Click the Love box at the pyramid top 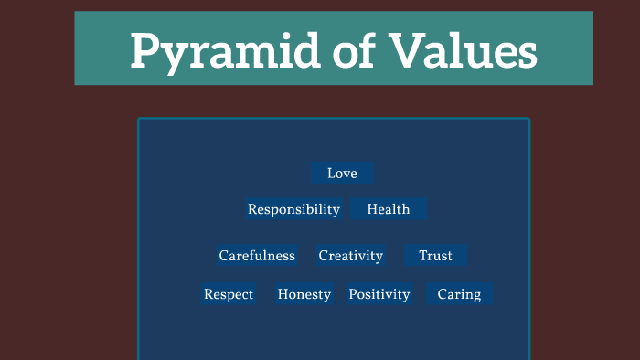pyautogui.click(x=342, y=173)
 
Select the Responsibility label pyautogui.click(x=293, y=209)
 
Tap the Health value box pyautogui.click(x=389, y=209)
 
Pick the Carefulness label pyautogui.click(x=257, y=256)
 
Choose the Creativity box pyautogui.click(x=350, y=256)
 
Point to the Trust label pyautogui.click(x=435, y=256)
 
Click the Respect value pyautogui.click(x=229, y=294)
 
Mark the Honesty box pyautogui.click(x=304, y=294)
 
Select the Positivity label pyautogui.click(x=379, y=294)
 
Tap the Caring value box pyautogui.click(x=459, y=294)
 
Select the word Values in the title pyautogui.click(x=468, y=50)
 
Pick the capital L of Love pyautogui.click(x=331, y=173)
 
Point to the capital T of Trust pyautogui.click(x=423, y=256)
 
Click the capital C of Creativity pyautogui.click(x=324, y=256)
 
